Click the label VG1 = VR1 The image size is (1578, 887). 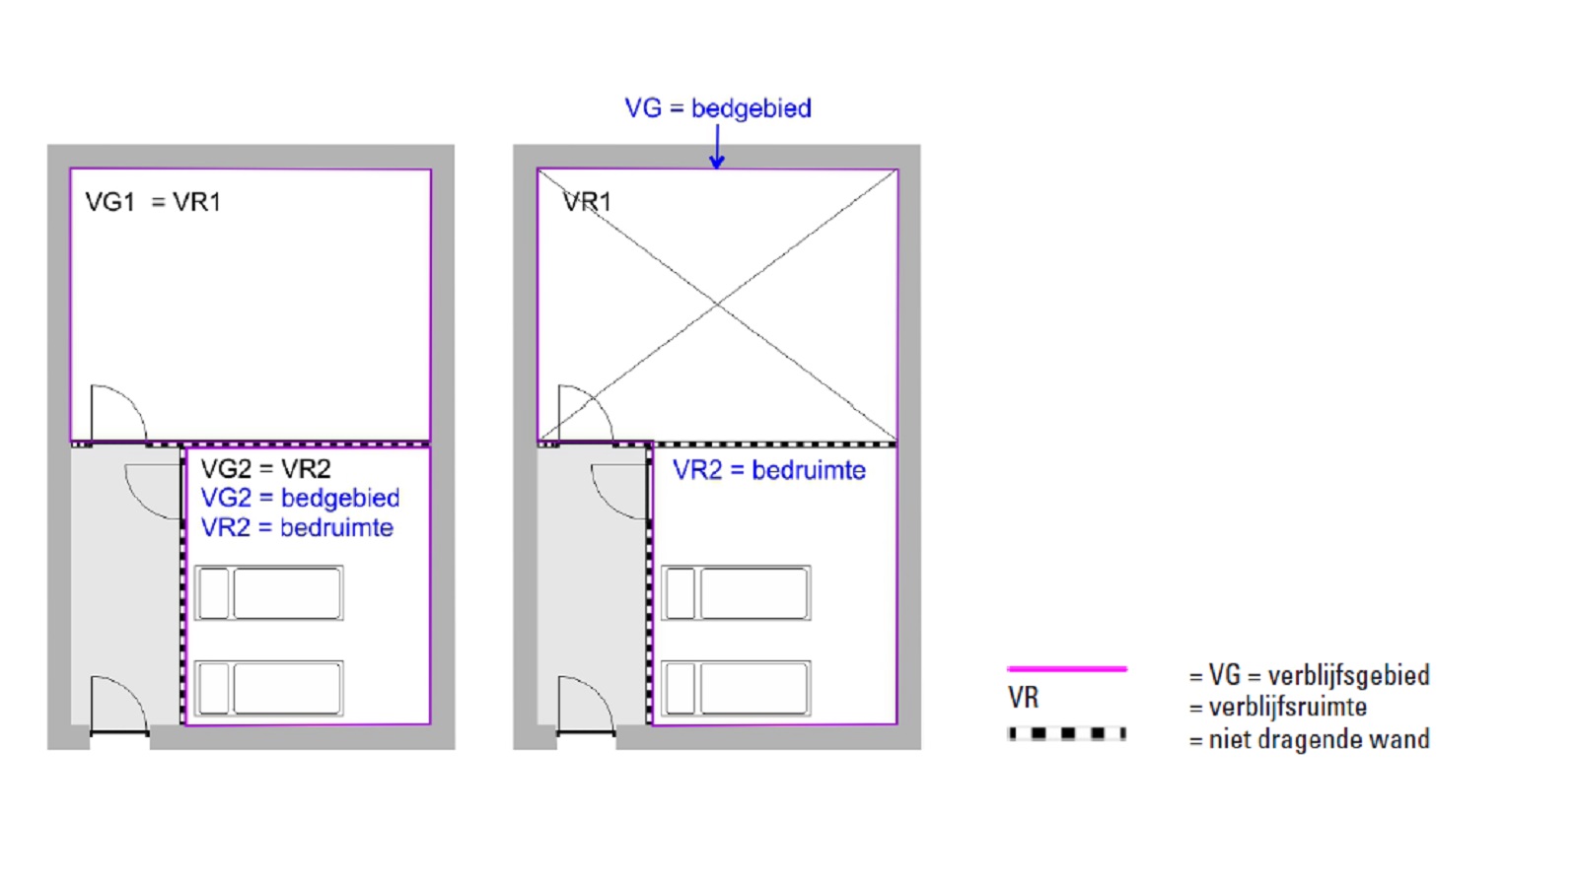[153, 202]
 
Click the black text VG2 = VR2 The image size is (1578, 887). [265, 469]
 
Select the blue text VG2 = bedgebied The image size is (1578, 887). [300, 498]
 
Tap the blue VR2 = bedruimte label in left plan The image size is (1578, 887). [297, 528]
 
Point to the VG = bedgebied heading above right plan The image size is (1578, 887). [718, 108]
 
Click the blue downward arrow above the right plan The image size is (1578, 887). [717, 148]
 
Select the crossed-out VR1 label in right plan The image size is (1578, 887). [587, 202]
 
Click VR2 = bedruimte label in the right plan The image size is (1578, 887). [769, 470]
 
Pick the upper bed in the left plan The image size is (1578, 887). [269, 592]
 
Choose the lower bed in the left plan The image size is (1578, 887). [269, 688]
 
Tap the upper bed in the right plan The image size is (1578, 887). [736, 592]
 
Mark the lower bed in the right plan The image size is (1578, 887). [736, 688]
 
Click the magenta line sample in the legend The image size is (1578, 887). [1067, 669]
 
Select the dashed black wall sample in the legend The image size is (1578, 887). [1067, 733]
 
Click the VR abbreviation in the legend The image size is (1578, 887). [1023, 698]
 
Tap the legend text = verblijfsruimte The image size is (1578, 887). [1278, 707]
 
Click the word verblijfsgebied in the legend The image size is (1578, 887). [1348, 675]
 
